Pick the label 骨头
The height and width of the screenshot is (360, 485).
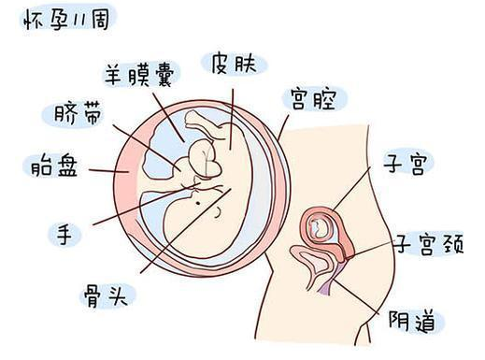(x=106, y=296)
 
